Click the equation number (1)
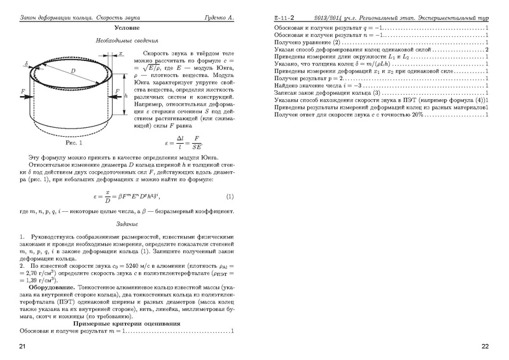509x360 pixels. pyautogui.click(x=230, y=196)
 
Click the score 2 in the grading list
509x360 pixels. pyautogui.click(x=485, y=49)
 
